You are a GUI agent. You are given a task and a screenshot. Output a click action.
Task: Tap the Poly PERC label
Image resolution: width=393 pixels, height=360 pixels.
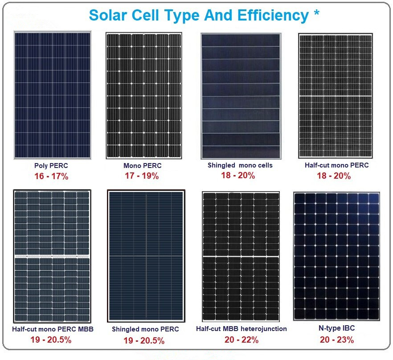tap(51, 166)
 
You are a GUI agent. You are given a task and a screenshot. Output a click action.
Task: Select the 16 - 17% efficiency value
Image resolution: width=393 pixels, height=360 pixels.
tap(51, 176)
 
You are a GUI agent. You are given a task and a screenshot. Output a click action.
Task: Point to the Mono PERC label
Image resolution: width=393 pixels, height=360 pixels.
tap(142, 166)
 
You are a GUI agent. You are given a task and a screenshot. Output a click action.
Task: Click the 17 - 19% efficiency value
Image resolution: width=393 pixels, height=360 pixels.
tap(142, 176)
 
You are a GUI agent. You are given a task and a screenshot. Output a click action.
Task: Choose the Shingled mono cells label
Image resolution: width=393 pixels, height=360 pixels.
tap(240, 165)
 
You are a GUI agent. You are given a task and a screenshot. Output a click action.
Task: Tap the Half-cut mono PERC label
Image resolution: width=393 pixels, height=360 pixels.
tap(336, 165)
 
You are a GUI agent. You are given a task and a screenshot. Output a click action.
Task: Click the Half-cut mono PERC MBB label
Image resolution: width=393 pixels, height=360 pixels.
tap(53, 329)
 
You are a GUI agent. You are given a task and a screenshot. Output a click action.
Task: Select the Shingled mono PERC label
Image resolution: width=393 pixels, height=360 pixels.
tap(145, 329)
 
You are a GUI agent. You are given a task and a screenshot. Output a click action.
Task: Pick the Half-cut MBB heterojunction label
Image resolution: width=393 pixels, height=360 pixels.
tap(242, 329)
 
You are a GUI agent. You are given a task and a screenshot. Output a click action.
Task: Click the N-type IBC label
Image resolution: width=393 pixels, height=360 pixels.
tap(337, 328)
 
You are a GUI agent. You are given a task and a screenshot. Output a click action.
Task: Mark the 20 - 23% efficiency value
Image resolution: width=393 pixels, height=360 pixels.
tap(337, 340)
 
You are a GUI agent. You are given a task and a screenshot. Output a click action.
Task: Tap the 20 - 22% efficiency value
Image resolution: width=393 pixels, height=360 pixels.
tap(242, 340)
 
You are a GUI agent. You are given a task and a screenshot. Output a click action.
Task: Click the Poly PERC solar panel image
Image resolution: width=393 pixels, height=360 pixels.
tap(52, 95)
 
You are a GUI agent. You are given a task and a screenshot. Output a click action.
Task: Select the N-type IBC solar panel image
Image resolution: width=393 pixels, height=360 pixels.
tap(336, 256)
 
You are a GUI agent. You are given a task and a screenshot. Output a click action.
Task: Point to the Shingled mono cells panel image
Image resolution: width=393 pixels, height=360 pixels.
tap(241, 95)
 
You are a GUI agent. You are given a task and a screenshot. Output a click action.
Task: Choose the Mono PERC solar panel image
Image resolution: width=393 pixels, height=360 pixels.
tap(144, 95)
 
